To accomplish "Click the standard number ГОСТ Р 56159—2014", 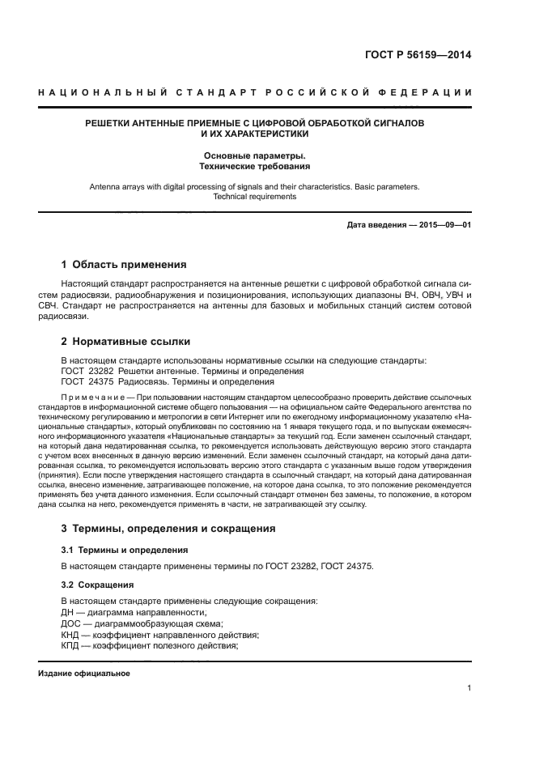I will click(422, 56).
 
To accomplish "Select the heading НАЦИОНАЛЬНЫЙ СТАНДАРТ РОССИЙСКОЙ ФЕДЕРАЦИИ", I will click(255, 93).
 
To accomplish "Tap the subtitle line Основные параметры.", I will click(255, 155).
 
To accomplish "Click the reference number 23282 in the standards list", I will click(102, 371).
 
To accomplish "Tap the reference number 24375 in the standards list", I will click(102, 381).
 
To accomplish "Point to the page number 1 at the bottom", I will click(469, 688).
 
